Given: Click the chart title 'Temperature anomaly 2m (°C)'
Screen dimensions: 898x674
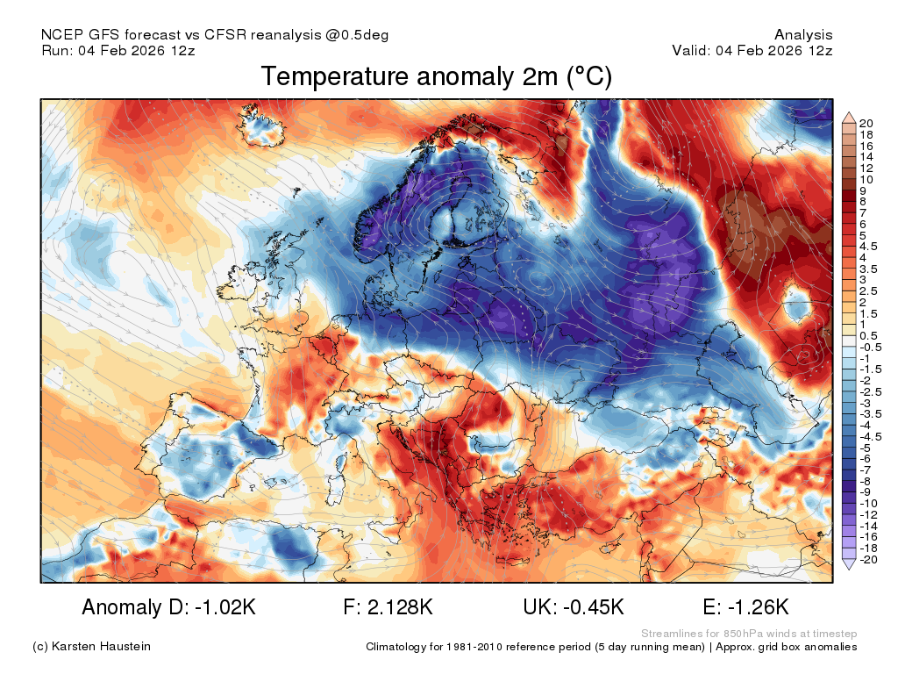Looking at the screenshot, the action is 437,76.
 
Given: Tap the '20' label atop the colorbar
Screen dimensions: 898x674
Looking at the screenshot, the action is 866,123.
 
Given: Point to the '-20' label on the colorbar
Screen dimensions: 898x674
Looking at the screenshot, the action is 868,559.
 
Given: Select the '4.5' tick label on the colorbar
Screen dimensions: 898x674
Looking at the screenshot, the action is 868,247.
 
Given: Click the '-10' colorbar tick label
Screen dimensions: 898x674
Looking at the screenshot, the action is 868,504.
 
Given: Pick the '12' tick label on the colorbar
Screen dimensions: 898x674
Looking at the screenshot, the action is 866,168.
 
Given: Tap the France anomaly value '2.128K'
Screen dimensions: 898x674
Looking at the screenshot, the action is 400,606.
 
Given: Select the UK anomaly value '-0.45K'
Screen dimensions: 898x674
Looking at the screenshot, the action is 594,606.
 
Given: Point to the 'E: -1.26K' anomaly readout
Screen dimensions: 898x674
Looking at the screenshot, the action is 745,606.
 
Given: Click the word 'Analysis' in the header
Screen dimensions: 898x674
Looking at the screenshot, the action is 803,35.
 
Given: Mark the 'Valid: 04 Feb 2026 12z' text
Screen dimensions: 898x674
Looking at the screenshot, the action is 752,50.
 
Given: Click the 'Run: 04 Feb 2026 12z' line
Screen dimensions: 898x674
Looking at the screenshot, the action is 118,50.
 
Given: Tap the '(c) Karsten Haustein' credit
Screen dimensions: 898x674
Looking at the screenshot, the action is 91,647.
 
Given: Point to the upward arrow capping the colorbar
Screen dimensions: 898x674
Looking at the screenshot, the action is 849,118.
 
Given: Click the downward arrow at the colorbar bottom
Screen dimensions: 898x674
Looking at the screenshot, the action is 849,564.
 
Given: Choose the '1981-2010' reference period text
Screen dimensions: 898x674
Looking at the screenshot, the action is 474,647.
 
